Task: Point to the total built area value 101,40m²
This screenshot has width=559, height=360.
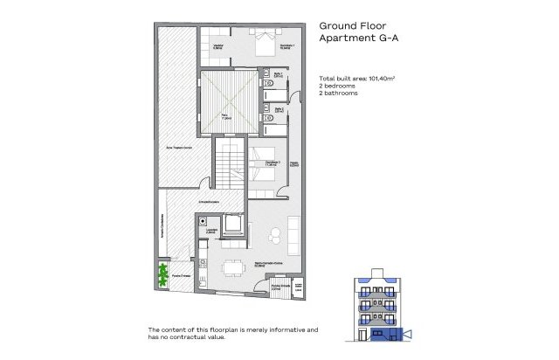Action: pyautogui.click(x=378, y=80)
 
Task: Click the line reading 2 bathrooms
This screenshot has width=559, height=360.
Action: pyautogui.click(x=342, y=93)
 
